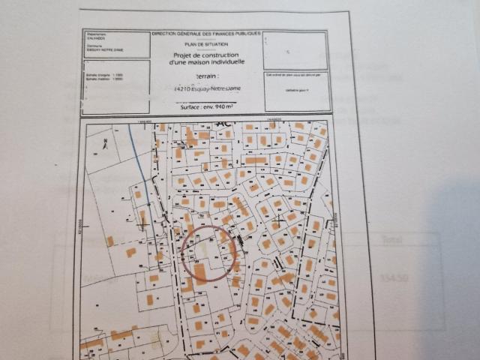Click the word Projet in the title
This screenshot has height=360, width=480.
coord(184,55)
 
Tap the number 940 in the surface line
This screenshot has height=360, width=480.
coord(221,107)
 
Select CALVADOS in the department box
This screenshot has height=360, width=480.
coord(97,40)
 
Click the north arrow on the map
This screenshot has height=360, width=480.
coord(107,143)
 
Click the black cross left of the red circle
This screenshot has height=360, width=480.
coord(142,223)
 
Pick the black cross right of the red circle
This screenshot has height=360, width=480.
coord(279,222)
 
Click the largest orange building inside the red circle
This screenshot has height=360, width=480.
coord(200,270)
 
